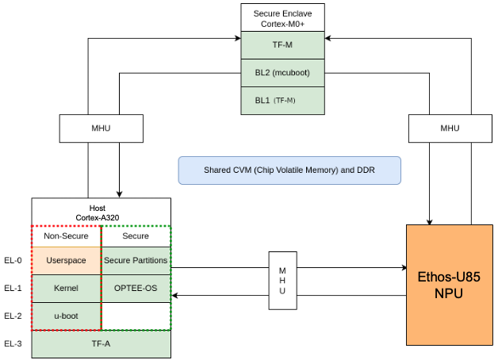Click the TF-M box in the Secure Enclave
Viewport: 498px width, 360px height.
pos(283,45)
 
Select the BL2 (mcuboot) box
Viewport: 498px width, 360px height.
pos(283,73)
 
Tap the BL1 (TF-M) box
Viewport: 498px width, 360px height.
pos(283,101)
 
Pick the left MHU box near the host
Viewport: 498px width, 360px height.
pos(89,128)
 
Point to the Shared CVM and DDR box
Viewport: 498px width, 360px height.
pos(289,170)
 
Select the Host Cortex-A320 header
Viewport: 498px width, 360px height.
pos(102,212)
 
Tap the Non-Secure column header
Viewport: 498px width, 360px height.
pos(67,236)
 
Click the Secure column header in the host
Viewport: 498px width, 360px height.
pos(136,236)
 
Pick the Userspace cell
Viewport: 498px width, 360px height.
pos(67,261)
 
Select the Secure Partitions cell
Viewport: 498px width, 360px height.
pos(136,261)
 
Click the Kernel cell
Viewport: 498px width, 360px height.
pos(67,289)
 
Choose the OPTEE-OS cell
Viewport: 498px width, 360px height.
pos(136,289)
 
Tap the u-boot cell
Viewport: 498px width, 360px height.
pos(67,316)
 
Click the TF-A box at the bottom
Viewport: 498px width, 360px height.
pos(102,343)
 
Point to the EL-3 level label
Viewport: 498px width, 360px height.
pos(13,343)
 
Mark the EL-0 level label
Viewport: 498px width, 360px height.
pos(13,261)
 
